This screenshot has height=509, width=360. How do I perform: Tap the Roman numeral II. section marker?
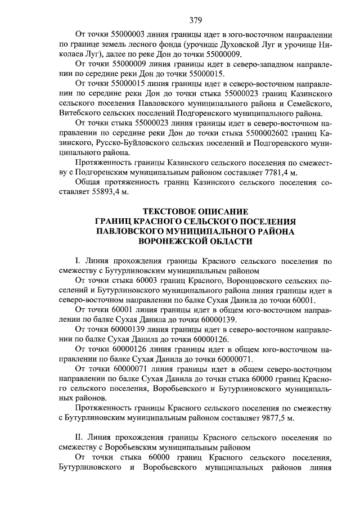79,438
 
